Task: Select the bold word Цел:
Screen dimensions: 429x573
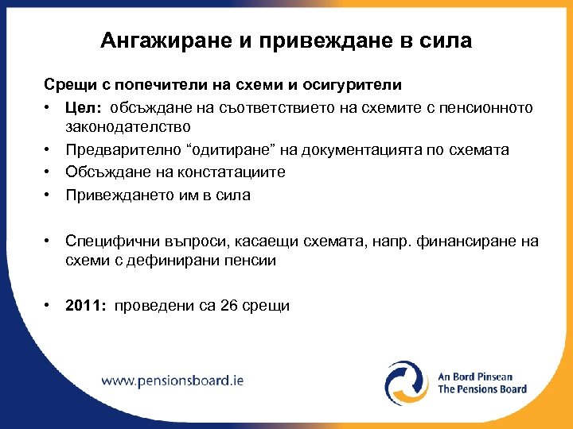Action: [84, 107]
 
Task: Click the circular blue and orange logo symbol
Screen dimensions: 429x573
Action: [407, 382]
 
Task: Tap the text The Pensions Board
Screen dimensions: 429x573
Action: [482, 389]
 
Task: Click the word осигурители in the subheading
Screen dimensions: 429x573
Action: [353, 83]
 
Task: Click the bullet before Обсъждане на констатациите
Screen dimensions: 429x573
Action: [49, 172]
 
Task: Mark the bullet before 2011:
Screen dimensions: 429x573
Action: [49, 306]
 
